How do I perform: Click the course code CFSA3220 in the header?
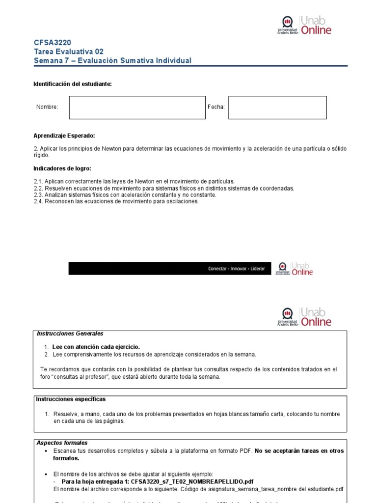pos(49,43)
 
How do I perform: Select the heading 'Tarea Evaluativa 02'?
pos(68,52)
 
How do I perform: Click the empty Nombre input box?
pos(137,108)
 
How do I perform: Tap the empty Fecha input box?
pos(277,108)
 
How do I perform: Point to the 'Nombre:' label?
pos(47,107)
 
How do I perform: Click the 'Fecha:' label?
pos(216,107)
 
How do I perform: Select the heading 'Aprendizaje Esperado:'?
pos(64,136)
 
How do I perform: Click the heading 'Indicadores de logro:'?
pos(62,168)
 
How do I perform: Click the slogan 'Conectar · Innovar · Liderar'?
pos(236,269)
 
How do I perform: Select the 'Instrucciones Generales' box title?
pos(70,334)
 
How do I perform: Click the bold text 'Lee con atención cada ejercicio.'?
pos(96,347)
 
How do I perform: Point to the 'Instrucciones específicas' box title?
pos(71,399)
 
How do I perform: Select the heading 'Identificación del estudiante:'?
pos(73,84)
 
